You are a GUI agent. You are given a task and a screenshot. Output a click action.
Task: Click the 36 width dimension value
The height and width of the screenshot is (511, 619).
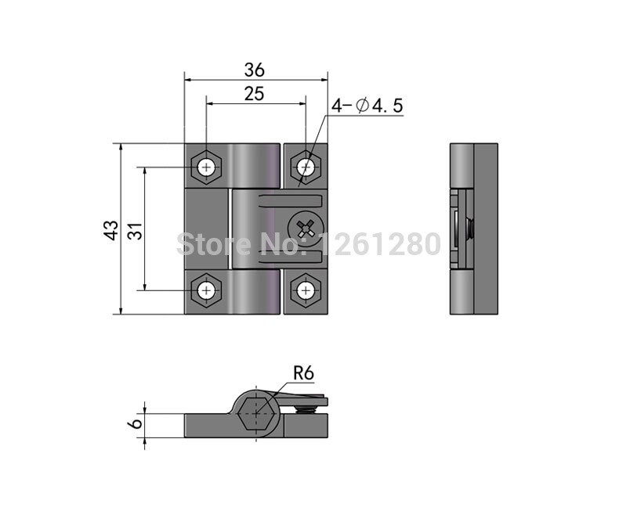coord(254,69)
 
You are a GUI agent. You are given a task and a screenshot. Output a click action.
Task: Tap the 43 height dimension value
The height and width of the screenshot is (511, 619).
coord(111,229)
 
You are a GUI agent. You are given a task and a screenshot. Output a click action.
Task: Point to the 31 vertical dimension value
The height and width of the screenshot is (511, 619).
coord(134,229)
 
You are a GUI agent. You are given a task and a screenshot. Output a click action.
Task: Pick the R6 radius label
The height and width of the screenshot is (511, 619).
coord(302,373)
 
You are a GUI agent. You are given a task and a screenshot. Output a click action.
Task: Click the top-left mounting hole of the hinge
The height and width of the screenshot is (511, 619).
coord(206,167)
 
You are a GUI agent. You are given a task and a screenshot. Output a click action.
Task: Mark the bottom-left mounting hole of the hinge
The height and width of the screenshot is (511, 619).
coord(206,290)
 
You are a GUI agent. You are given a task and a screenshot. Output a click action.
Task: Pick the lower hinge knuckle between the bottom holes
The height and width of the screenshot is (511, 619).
coord(255,292)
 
